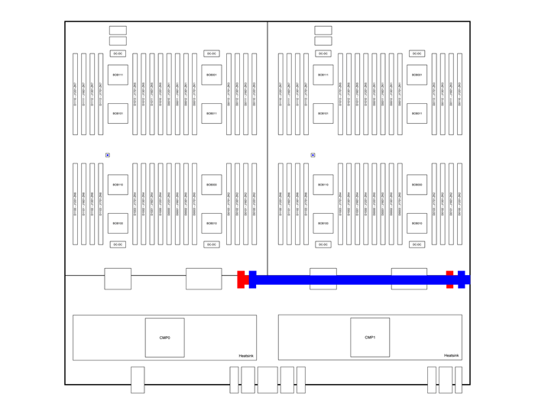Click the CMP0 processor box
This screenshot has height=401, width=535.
click(x=164, y=338)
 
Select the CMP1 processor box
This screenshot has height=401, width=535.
click(x=370, y=338)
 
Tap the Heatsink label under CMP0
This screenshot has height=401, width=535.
click(x=245, y=355)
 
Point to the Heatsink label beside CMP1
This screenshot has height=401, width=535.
click(x=451, y=355)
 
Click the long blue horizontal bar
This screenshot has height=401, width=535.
click(x=352, y=280)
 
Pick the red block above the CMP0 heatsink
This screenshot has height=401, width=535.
click(x=242, y=280)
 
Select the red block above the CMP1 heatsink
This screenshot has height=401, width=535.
click(x=450, y=280)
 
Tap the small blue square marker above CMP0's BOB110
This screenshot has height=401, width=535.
click(x=108, y=155)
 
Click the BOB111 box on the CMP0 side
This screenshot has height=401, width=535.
click(x=118, y=75)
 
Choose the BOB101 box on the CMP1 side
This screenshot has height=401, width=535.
click(x=323, y=114)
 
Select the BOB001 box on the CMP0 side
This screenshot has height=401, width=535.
click(x=212, y=75)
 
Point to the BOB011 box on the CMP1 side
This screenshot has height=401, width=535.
click(x=417, y=114)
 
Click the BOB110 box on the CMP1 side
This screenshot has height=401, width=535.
click(x=323, y=185)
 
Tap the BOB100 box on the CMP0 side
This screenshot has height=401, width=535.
click(x=118, y=224)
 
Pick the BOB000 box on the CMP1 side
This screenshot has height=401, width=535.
click(x=417, y=185)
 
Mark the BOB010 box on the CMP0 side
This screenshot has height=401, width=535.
click(x=212, y=224)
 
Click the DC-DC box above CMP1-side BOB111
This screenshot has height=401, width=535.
click(x=323, y=53)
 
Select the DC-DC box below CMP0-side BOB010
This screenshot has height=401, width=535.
click(x=212, y=244)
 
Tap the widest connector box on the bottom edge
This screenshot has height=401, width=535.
click(x=267, y=380)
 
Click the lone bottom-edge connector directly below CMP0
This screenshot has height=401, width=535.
click(x=138, y=380)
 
